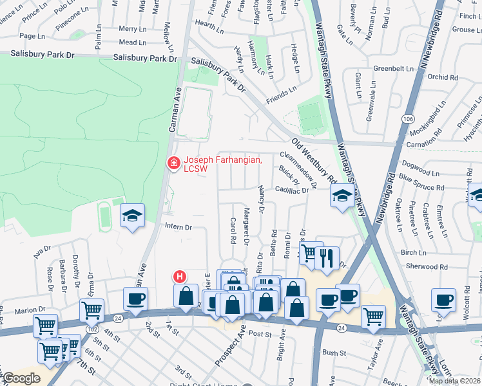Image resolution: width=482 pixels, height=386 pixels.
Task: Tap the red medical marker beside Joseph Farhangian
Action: pos(173,164)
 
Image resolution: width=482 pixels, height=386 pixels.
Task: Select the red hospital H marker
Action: pos(180,277)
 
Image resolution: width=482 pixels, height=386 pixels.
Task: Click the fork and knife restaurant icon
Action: pos(329,257)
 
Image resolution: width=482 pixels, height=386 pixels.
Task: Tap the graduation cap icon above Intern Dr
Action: pos(132,217)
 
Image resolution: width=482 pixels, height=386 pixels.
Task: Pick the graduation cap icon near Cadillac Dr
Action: pos(342,197)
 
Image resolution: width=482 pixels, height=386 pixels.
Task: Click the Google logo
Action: pos(22,378)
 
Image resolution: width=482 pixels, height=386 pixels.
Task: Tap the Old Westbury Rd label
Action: pos(314,160)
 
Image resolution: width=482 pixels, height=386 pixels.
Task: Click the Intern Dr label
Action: pos(178,227)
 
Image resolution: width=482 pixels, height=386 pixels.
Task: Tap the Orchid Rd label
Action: pos(442,77)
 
